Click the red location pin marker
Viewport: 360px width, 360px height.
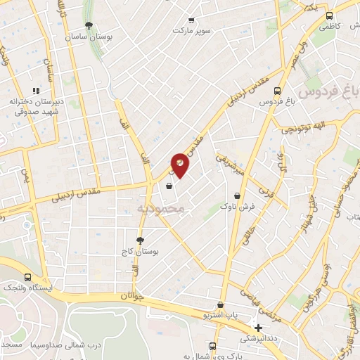[180, 165]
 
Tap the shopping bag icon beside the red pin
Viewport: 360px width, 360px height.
[169, 187]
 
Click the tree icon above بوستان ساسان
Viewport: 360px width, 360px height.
[88, 25]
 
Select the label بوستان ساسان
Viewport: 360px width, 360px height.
[88, 37]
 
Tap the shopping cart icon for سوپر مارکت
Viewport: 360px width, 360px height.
[191, 21]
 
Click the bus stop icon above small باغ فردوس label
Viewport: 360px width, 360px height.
[278, 91]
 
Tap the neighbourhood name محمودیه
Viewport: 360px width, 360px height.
[160, 208]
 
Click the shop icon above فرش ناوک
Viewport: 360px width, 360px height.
[238, 196]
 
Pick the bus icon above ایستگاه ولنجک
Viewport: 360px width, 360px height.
[27, 278]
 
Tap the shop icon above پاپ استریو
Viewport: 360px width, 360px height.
[221, 305]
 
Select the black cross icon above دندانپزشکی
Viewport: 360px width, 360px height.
[258, 328]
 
